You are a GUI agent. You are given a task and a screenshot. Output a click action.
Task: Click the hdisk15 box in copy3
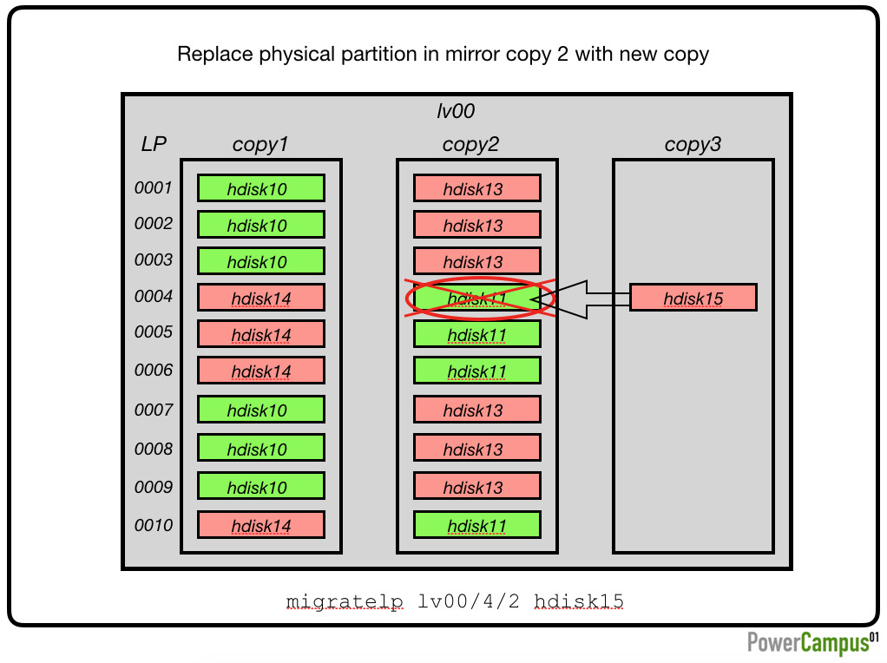pyautogui.click(x=693, y=298)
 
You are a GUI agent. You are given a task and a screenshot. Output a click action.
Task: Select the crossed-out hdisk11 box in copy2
pyautogui.click(x=476, y=298)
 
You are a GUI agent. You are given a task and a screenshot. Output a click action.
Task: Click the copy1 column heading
pyautogui.click(x=260, y=144)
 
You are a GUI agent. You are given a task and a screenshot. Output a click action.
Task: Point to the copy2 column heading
pyautogui.click(x=470, y=144)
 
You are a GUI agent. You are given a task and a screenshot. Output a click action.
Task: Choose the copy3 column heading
pyautogui.click(x=693, y=144)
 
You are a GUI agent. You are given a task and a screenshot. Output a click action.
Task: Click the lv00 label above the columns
pyautogui.click(x=456, y=111)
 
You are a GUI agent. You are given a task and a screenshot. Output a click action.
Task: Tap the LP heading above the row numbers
pyautogui.click(x=154, y=144)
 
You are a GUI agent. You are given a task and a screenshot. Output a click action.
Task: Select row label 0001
pyautogui.click(x=154, y=187)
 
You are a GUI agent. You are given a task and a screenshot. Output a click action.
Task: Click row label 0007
pyautogui.click(x=154, y=410)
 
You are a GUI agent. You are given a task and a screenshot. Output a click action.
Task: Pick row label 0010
pyautogui.click(x=154, y=525)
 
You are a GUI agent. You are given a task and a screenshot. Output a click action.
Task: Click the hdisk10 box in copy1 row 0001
pyautogui.click(x=260, y=187)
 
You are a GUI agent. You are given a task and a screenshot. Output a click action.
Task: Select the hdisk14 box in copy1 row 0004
pyautogui.click(x=260, y=298)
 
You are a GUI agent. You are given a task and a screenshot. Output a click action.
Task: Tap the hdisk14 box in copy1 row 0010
pyautogui.click(x=260, y=525)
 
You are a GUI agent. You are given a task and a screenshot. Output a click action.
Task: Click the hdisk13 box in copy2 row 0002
pyautogui.click(x=476, y=225)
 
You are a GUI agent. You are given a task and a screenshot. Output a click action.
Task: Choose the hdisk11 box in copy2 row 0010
pyautogui.click(x=476, y=525)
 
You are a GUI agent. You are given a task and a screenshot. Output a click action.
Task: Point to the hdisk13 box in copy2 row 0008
pyautogui.click(x=476, y=448)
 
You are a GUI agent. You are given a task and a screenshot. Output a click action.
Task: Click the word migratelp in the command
pyautogui.click(x=345, y=601)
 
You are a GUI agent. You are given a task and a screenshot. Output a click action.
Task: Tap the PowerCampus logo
pyautogui.click(x=813, y=643)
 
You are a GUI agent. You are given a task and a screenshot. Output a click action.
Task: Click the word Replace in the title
pyautogui.click(x=215, y=55)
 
